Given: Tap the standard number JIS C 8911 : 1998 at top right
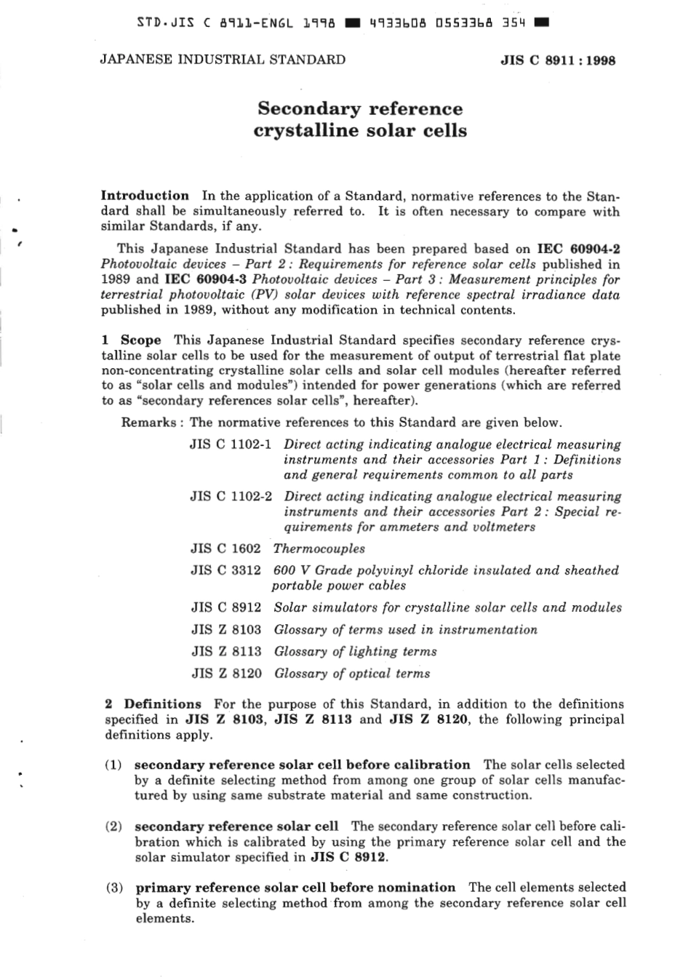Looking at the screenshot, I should point(558,60).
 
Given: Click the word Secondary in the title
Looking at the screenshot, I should point(308,109).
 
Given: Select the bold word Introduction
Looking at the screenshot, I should point(145,196).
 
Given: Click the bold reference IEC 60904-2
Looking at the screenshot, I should point(578,249).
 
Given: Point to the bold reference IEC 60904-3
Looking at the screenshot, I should point(207,279).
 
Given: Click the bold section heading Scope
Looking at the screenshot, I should point(140,340).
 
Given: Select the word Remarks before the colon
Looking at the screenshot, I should point(148,423).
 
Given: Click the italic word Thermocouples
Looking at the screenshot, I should point(319,549).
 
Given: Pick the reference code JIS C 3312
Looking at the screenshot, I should point(225,571).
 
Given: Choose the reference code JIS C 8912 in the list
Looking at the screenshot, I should point(225,607).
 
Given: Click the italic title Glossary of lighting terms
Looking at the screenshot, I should point(355,652).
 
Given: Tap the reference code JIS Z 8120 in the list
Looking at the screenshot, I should point(226,674).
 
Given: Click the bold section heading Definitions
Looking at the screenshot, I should point(162,704).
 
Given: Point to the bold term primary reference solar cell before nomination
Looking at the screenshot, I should point(295,888).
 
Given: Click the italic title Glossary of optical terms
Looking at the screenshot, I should point(351,674).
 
